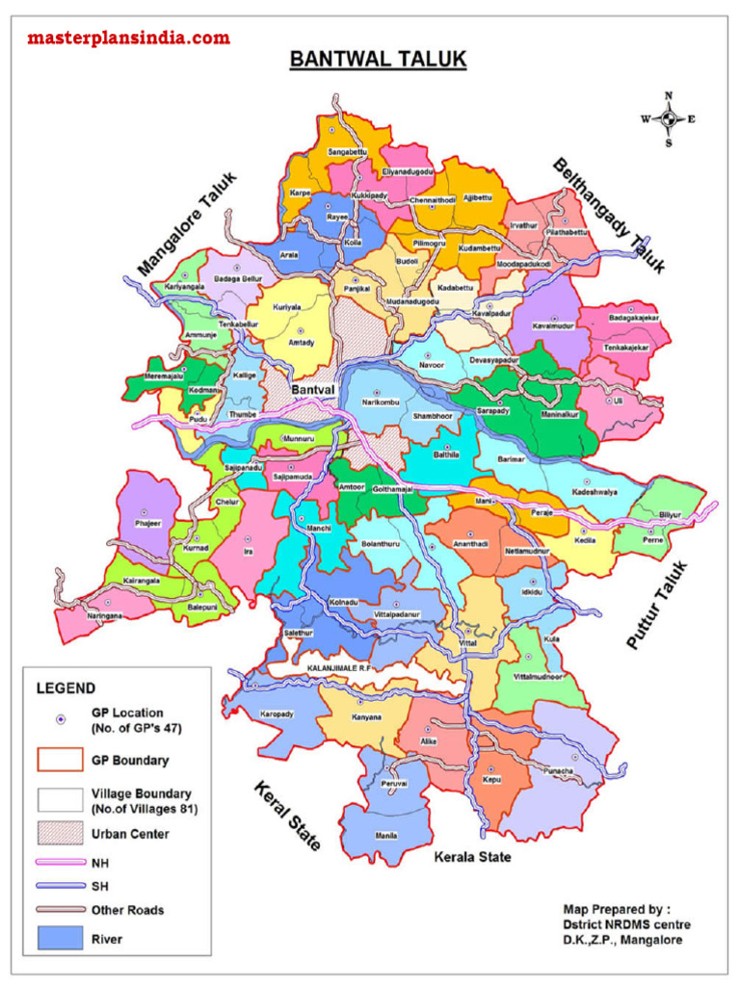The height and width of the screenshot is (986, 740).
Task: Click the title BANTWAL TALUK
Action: tap(378, 61)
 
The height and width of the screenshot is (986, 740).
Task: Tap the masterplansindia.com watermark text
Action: tap(128, 39)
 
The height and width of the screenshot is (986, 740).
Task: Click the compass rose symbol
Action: tap(668, 119)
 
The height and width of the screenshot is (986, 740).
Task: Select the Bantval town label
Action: tap(312, 390)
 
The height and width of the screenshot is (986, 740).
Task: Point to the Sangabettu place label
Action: tap(347, 152)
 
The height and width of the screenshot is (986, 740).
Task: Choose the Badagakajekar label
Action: tap(633, 317)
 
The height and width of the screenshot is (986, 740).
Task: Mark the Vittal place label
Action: tap(468, 641)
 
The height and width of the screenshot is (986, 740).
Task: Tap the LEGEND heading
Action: tap(66, 688)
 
